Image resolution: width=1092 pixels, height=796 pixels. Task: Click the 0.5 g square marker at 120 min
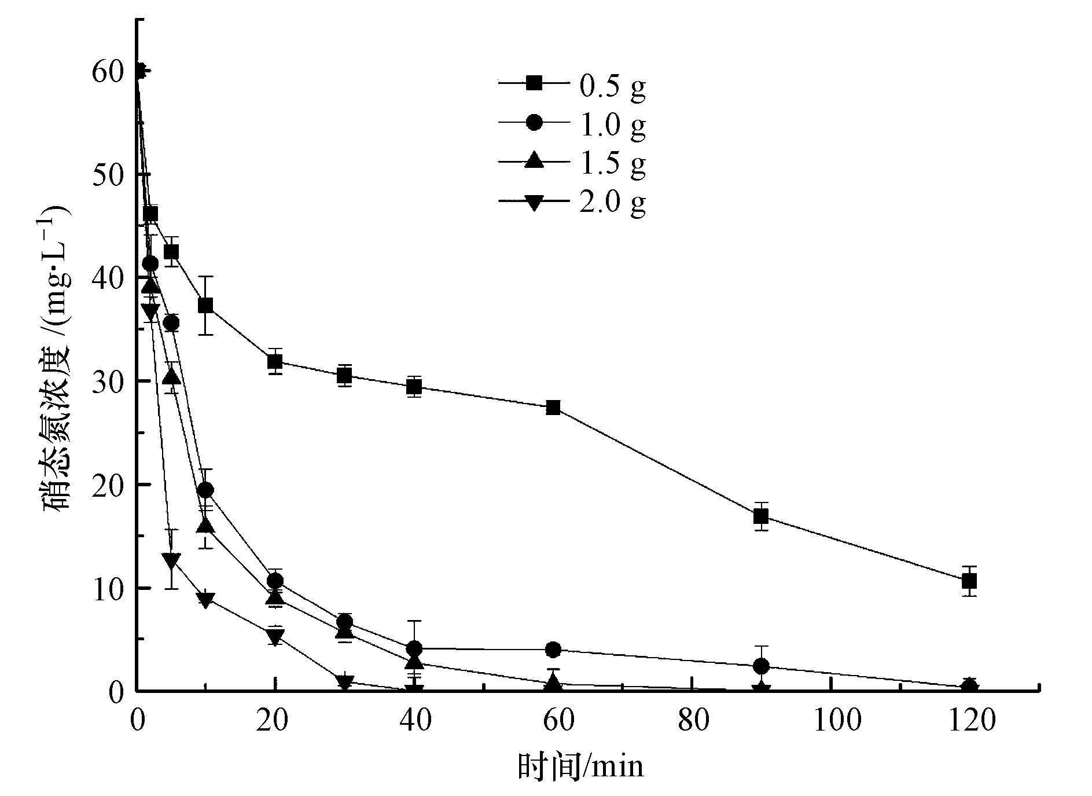pos(969,581)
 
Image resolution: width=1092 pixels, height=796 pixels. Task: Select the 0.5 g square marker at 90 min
pos(761,516)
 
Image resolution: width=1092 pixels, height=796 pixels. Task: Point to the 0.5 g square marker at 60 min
pos(553,408)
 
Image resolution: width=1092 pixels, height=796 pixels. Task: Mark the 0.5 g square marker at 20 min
pos(275,362)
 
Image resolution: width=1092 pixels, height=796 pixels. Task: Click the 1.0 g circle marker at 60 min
pos(553,650)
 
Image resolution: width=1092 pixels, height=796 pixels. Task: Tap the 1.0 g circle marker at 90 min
pos(762,666)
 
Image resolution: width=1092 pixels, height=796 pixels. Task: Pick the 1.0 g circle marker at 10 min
pos(205,490)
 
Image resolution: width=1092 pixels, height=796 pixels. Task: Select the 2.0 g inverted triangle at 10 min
pos(205,600)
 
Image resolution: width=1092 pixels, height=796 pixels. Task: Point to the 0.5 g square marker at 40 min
pos(414,387)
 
